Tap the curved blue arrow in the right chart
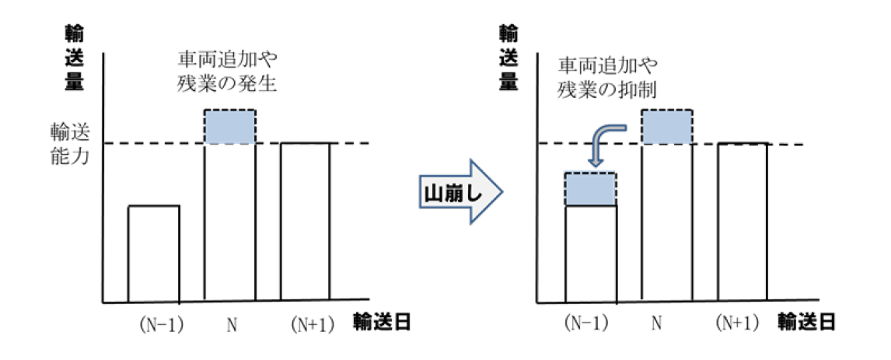(x=606, y=141)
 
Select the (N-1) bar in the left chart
(x=154, y=253)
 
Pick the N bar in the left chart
(x=229, y=221)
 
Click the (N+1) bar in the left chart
(x=305, y=221)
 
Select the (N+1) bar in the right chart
(x=742, y=222)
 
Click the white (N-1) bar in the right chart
(x=591, y=253)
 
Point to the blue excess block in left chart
(x=229, y=127)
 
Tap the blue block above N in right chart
(x=667, y=127)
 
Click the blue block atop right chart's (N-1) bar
(x=591, y=189)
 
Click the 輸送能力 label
(x=69, y=145)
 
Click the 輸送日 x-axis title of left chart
(x=381, y=321)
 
